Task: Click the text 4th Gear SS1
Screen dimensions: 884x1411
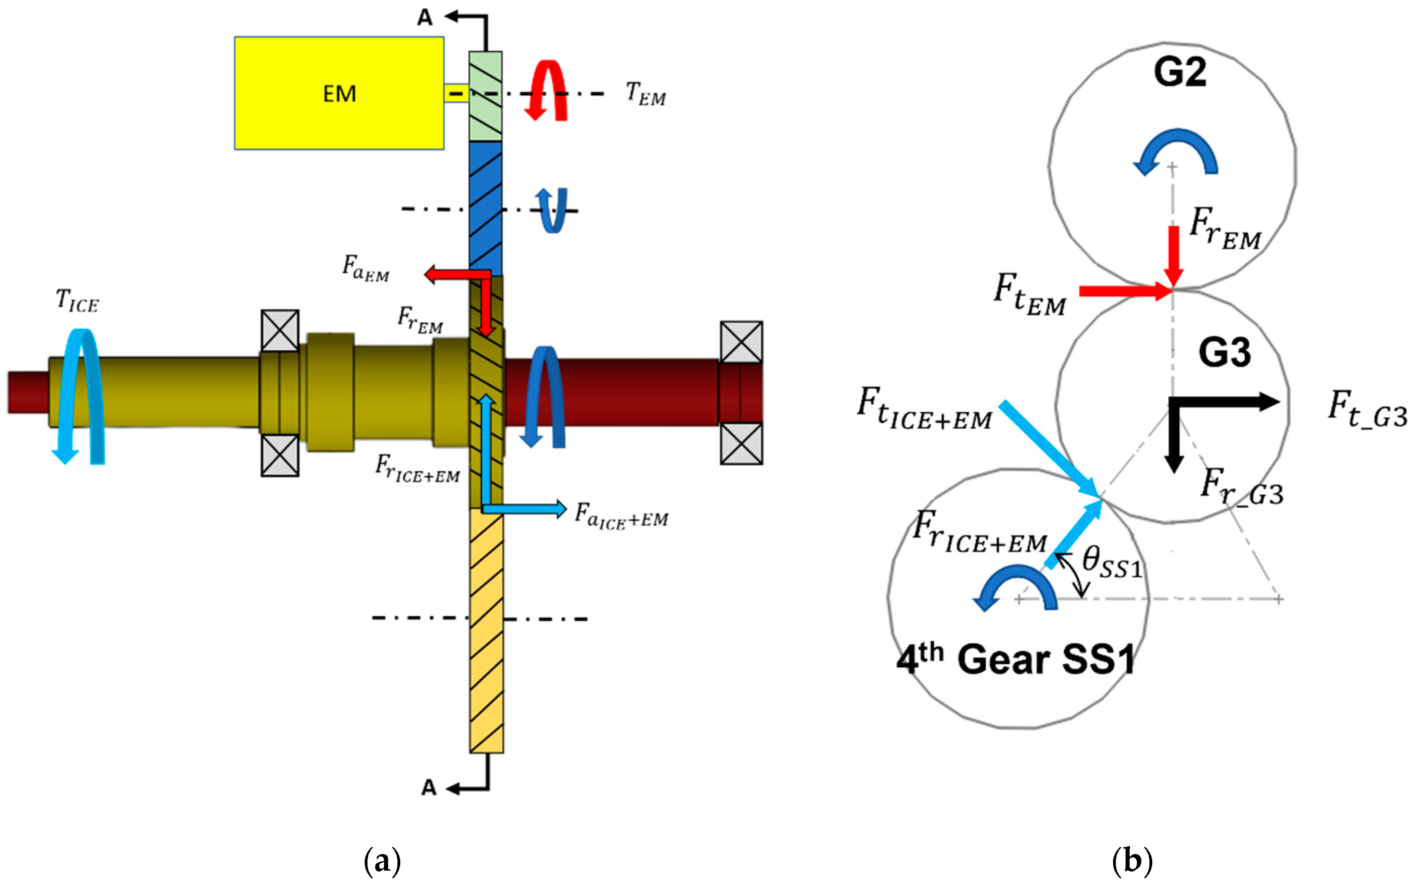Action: point(1016,659)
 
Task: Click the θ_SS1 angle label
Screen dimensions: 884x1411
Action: point(1111,562)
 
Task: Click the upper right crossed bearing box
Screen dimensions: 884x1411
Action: point(741,342)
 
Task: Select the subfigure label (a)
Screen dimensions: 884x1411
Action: point(382,861)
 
